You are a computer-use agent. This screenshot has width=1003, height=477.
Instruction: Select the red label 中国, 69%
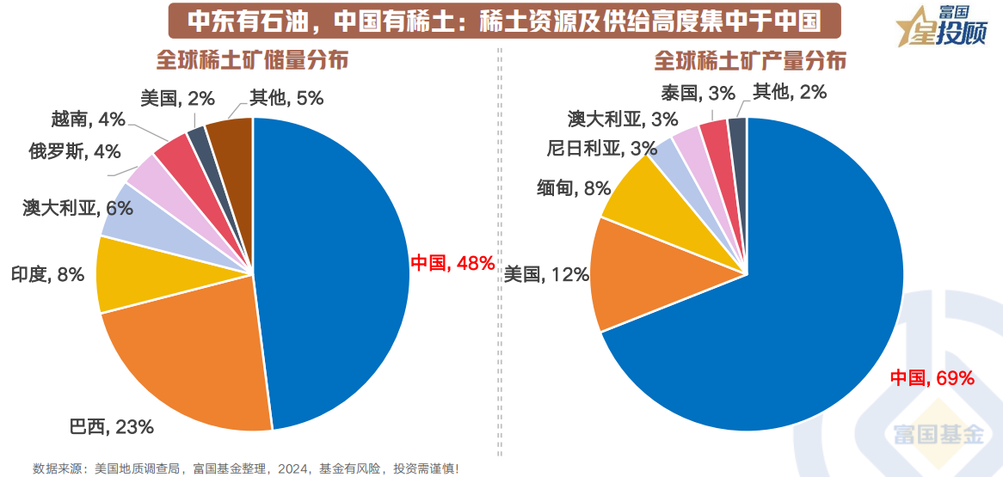pos(932,377)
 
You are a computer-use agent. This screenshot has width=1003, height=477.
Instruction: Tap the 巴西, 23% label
pos(111,425)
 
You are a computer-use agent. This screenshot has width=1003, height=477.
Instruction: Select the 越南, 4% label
pos(88,119)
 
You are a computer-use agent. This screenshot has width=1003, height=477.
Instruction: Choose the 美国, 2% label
pos(176,98)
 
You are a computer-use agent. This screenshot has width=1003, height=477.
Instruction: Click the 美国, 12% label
pos(546,274)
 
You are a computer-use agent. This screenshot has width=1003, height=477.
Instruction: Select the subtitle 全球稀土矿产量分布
pos(750,61)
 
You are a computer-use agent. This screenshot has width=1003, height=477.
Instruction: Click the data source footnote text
pos(246,468)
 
